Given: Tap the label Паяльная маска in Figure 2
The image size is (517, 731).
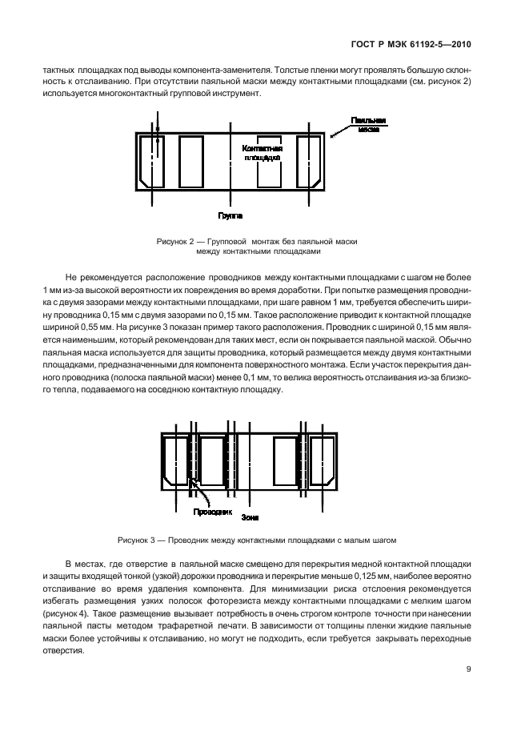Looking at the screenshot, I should (368, 124).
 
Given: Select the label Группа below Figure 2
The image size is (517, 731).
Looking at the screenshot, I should (230, 215).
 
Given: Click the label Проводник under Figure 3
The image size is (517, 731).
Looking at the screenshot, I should (211, 511).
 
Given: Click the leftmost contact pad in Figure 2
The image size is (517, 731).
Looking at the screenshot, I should (151, 162).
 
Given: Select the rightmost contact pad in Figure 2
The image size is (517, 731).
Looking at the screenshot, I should (308, 162).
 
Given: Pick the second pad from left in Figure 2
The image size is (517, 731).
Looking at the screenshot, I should (191, 162).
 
